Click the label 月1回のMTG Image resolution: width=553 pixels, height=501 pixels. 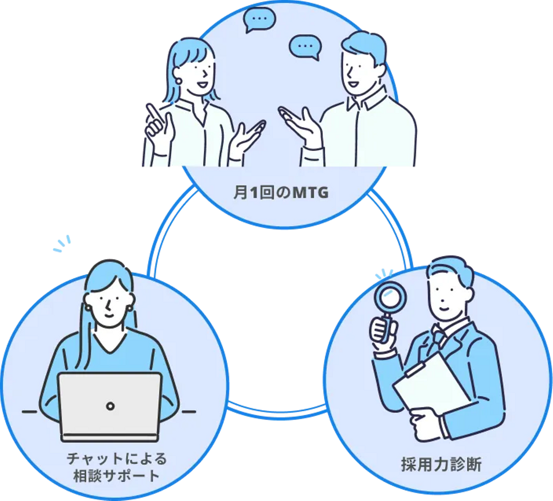[281, 193]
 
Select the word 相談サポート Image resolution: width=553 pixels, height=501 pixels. [116, 476]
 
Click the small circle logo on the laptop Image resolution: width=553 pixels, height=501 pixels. [110, 406]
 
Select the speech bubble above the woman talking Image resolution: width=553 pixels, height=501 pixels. [260, 19]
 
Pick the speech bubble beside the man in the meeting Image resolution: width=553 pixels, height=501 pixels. [305, 47]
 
